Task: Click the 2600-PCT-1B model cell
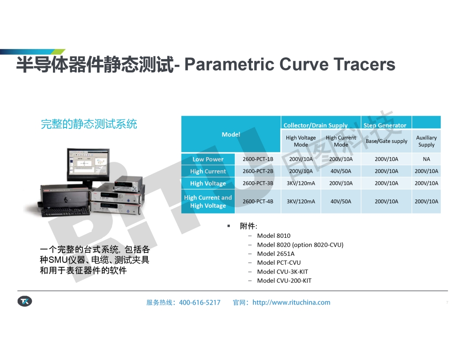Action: (x=258, y=159)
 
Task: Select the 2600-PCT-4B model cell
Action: (x=258, y=201)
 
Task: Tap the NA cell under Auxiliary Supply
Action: (x=426, y=159)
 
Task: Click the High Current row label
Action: (x=208, y=171)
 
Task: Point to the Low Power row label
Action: (x=208, y=159)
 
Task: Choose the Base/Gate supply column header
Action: (x=387, y=141)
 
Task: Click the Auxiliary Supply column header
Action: (x=426, y=141)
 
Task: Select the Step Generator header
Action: (x=385, y=125)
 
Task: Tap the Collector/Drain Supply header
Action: (x=316, y=125)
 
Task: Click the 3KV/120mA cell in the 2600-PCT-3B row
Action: (x=301, y=183)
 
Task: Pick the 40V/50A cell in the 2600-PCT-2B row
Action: (x=341, y=171)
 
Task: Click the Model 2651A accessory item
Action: (x=276, y=254)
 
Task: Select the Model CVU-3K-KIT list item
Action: (x=282, y=271)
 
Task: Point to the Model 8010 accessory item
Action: (x=274, y=236)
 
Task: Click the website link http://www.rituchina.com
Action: (x=291, y=302)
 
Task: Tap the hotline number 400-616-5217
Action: (x=200, y=302)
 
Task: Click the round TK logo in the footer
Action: (x=25, y=301)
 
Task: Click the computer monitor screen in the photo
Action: (x=88, y=162)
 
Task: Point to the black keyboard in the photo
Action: (x=65, y=211)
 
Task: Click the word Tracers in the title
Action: (x=364, y=64)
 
